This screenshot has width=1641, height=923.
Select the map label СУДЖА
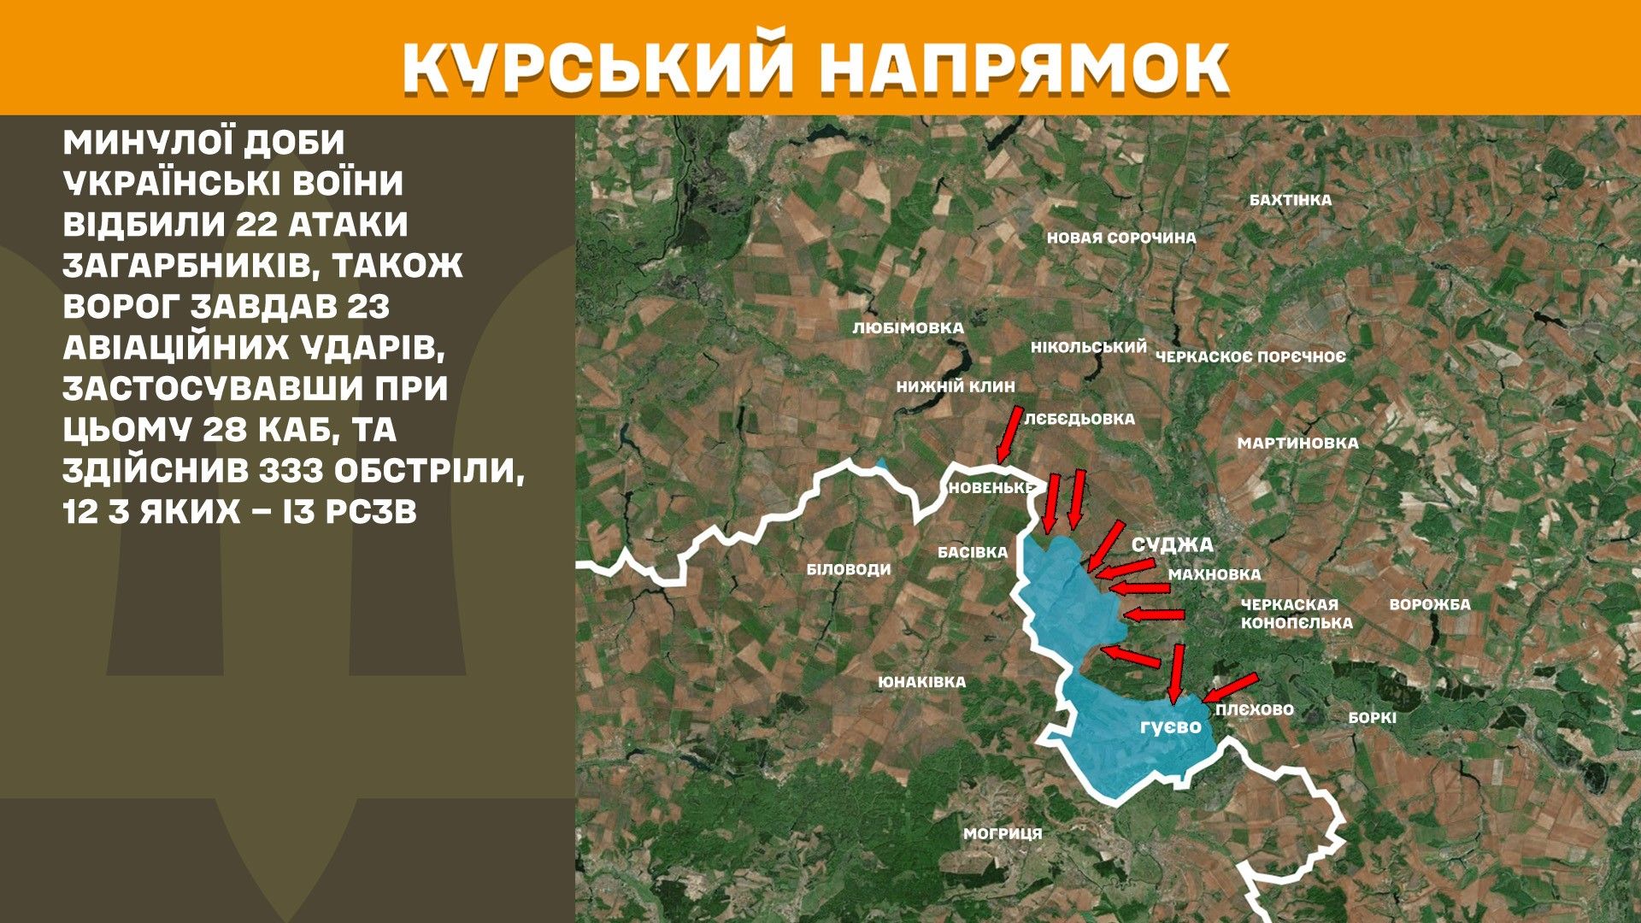(x=1172, y=545)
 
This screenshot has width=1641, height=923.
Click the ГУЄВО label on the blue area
(x=1170, y=727)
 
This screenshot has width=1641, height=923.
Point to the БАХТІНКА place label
(x=1290, y=200)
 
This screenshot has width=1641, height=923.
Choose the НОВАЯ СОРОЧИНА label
(x=1120, y=238)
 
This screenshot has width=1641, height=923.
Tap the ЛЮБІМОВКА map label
(x=908, y=328)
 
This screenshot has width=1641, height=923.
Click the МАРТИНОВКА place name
(x=1297, y=443)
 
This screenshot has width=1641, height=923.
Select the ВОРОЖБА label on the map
(x=1429, y=604)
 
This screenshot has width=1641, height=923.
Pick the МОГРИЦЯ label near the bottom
(x=1003, y=833)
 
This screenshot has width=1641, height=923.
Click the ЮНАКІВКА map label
(x=921, y=682)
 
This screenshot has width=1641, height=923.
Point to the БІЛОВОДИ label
(x=848, y=569)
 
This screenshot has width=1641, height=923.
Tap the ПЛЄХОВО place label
(x=1254, y=709)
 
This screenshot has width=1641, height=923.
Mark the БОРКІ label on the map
(x=1372, y=718)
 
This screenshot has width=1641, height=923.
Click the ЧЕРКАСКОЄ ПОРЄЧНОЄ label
(x=1250, y=356)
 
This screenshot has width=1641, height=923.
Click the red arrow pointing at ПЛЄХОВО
(x=1231, y=687)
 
